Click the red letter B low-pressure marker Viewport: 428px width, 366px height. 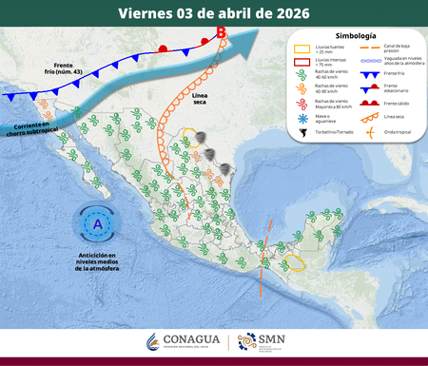pos(222,33)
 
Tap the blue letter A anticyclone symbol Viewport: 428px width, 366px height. pos(99,224)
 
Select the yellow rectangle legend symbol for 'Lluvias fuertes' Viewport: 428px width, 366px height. pos(300,49)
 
